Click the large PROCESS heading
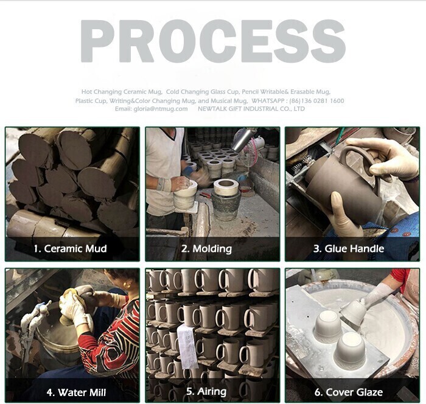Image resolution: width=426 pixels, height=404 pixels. [213, 41]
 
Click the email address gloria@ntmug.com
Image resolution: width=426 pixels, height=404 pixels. [161, 109]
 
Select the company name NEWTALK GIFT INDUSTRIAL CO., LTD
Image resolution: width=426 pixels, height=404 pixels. [251, 109]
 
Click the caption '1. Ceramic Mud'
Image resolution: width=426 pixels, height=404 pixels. [71, 249]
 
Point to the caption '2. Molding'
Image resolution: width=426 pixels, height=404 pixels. [206, 249]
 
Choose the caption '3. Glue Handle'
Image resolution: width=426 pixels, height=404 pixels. [349, 249]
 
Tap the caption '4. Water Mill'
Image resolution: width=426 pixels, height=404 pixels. [76, 392]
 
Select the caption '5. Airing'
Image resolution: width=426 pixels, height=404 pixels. [206, 391]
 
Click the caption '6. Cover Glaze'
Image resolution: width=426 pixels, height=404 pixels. [349, 392]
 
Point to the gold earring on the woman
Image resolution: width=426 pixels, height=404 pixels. [127, 285]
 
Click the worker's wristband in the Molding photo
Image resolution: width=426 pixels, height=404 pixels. [164, 184]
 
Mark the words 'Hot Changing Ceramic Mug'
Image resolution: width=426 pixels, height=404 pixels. [121, 92]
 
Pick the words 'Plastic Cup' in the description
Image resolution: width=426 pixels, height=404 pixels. [91, 101]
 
